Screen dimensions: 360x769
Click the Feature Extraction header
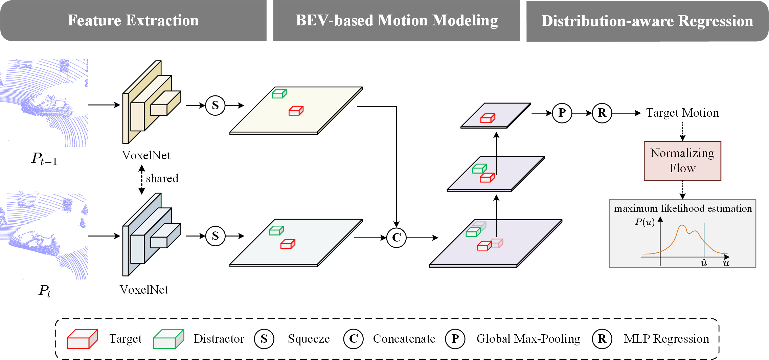tap(133, 21)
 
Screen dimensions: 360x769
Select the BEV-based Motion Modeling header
tap(397, 21)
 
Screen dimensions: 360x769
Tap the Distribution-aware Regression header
tap(647, 21)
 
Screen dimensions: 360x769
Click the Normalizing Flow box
tap(682, 161)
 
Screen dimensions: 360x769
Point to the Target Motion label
tap(682, 113)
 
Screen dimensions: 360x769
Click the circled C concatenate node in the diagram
tap(396, 238)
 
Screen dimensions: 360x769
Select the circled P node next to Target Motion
tap(562, 113)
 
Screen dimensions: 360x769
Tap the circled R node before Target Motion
tap(602, 113)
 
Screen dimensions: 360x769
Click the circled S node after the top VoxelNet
tap(215, 106)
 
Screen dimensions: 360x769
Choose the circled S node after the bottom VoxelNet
tap(215, 236)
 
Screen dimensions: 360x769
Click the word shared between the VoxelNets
tap(162, 178)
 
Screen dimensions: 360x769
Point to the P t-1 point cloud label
tap(44, 159)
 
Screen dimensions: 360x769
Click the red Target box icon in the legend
tap(82, 339)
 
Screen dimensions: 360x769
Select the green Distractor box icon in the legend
tap(168, 339)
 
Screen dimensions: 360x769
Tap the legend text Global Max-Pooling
tap(528, 339)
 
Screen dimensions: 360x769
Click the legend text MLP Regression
tap(666, 339)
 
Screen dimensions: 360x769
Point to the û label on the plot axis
tap(704, 263)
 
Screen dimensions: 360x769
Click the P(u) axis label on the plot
tap(644, 222)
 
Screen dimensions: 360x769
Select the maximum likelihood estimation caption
tap(683, 208)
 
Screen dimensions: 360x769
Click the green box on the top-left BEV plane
tap(279, 94)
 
